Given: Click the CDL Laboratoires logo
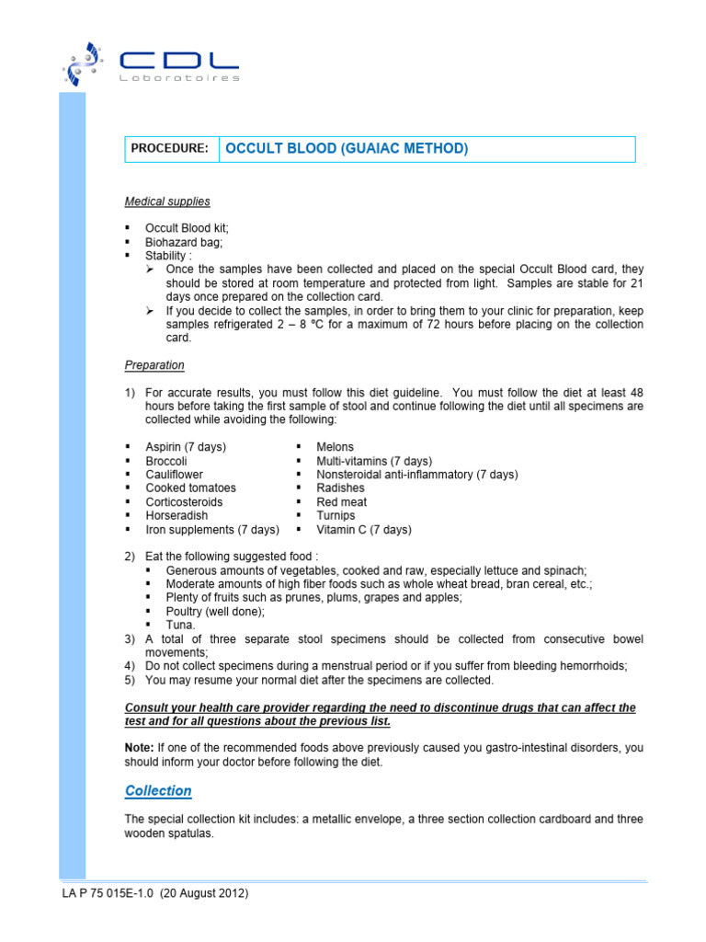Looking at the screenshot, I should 151,63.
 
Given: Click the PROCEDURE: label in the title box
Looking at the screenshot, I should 170,149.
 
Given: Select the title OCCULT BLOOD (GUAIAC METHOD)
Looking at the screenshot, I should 347,149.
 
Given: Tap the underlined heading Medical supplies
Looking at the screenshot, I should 167,201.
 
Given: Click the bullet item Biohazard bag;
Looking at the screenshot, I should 184,242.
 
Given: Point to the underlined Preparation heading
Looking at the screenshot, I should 154,365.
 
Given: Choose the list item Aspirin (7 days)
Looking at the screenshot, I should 186,447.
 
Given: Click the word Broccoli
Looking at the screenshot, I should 166,461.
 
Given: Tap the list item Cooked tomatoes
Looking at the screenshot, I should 190,488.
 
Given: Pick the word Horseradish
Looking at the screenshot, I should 176,516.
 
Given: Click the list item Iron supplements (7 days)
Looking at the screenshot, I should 211,530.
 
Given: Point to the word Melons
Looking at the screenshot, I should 335,447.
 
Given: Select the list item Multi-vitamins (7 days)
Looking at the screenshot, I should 373,461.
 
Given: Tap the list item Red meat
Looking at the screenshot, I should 341,502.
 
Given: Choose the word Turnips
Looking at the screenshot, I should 336,516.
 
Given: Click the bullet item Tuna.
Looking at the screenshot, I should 181,625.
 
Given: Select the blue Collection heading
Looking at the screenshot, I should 158,791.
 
